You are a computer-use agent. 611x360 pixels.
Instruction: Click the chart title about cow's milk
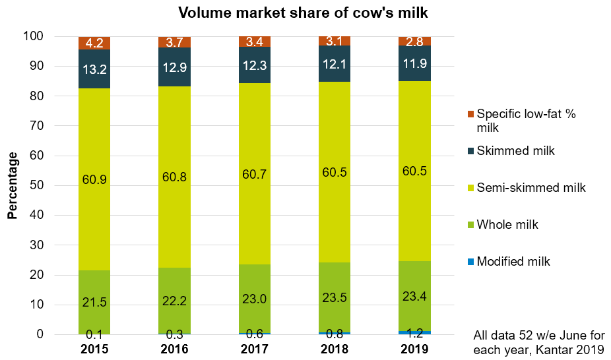tap(305, 13)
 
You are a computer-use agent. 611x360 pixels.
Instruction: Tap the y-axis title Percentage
tap(13, 185)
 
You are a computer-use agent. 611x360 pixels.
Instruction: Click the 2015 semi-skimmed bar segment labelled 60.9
tap(94, 179)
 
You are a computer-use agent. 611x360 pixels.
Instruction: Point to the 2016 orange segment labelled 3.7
tap(174, 42)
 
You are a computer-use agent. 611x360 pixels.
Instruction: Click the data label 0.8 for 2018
tap(335, 323)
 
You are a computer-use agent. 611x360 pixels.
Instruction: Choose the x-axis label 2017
tap(255, 348)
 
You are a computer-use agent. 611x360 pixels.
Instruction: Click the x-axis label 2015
tap(94, 348)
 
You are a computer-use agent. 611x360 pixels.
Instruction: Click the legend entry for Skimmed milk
tap(516, 150)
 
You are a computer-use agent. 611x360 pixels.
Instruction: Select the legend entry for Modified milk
tap(513, 261)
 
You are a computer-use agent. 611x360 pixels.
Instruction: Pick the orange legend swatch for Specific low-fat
tap(469, 114)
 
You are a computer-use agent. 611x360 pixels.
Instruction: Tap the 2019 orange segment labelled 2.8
tap(414, 42)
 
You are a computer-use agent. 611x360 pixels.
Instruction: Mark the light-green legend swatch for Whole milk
tap(469, 225)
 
